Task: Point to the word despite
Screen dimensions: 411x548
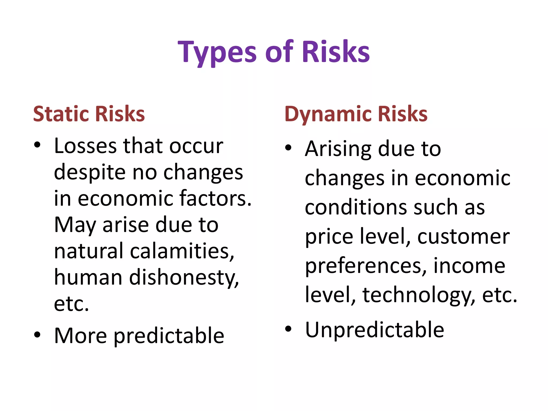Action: (90, 173)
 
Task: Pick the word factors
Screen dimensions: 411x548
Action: (215, 198)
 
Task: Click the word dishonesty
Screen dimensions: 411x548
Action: (184, 277)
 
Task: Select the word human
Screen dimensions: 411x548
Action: (88, 277)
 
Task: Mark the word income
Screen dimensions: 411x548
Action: (469, 266)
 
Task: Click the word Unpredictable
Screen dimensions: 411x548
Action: (375, 330)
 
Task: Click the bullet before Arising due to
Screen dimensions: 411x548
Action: (288, 148)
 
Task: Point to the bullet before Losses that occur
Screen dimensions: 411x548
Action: (37, 145)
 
